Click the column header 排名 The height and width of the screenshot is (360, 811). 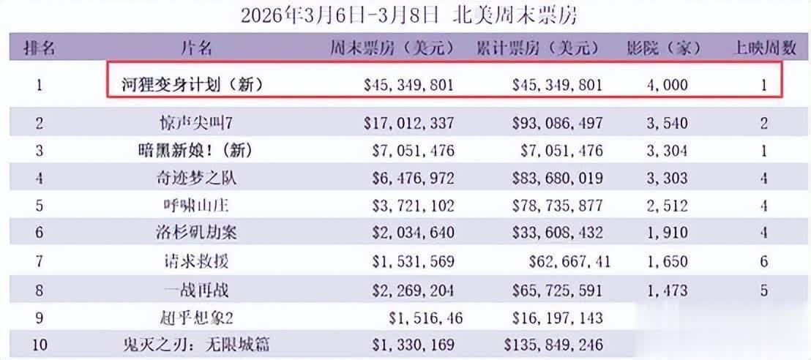40,49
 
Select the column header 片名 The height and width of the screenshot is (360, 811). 195,49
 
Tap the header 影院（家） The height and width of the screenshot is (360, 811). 663,49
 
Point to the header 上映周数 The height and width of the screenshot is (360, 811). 765,49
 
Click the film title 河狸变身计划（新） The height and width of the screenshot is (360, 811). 192,85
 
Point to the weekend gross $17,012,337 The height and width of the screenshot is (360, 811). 409,123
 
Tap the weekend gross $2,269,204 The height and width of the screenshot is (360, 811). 409,290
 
